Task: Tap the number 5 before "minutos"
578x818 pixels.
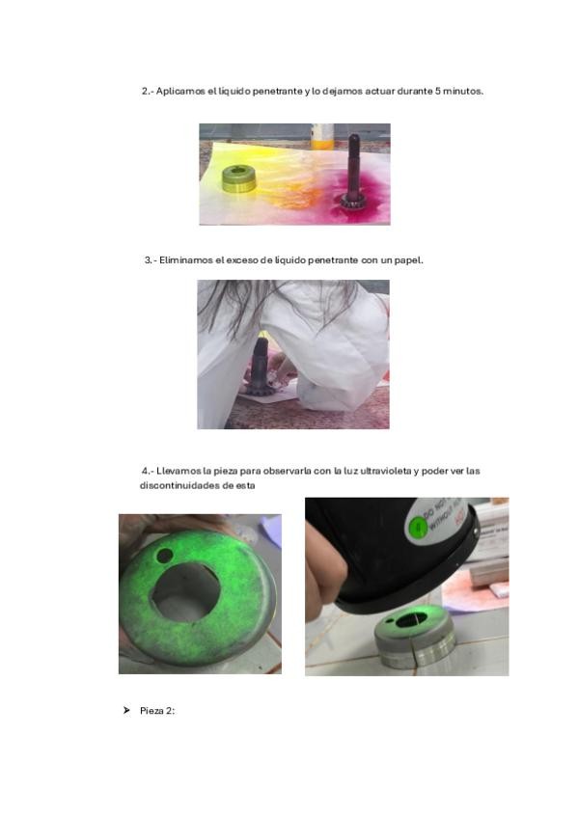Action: [438, 91]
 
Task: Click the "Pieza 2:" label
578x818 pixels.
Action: [157, 711]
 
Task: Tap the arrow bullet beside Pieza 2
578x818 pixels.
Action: [126, 711]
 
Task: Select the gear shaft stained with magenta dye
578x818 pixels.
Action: [352, 171]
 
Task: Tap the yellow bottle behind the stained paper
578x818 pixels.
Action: [322, 136]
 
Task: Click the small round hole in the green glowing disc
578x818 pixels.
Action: [165, 556]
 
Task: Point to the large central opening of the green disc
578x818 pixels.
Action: [185, 592]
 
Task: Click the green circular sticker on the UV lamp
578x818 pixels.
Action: [417, 527]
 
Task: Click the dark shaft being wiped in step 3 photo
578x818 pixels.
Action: [260, 366]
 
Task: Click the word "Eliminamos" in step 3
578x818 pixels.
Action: [185, 260]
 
